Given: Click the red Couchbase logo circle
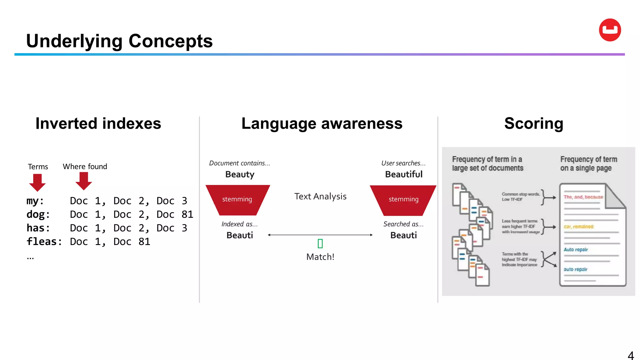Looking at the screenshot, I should point(610,30).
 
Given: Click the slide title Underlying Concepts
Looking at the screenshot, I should point(119,41).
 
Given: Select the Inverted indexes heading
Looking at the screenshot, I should point(98,123).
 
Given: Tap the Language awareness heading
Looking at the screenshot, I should point(322,123).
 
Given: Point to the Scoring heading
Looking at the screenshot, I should point(533,123).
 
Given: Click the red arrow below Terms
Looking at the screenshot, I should point(37,182).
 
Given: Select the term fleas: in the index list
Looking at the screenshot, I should point(44,242).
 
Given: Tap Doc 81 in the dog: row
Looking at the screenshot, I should point(175,214).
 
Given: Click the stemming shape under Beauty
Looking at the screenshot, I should point(237,199).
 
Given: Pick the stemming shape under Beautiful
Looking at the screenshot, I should point(403,199).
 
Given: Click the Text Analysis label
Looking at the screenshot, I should point(320,196).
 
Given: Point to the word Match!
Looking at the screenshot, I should point(320,257).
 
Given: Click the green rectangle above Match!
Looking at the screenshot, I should point(320,243).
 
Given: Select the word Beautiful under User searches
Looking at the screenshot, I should point(403,174).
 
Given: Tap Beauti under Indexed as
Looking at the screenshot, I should point(240,235).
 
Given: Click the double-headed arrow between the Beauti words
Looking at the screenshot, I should point(320,235).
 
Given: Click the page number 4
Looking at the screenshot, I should point(631,355).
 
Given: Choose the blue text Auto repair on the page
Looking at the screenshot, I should point(576,250).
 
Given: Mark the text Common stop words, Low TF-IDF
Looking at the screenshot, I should point(520,197).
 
